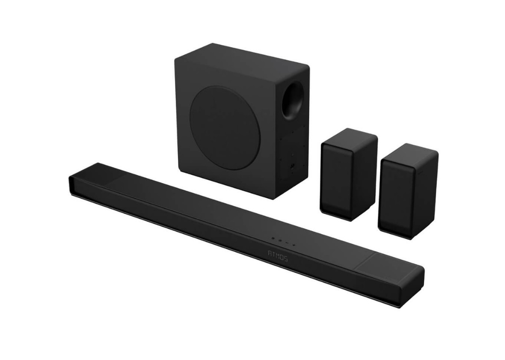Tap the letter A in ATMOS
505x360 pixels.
tap(270, 253)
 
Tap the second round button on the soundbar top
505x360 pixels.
tap(280, 240)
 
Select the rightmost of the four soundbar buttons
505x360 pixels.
tap(294, 245)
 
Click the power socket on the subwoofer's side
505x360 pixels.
tap(292, 166)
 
